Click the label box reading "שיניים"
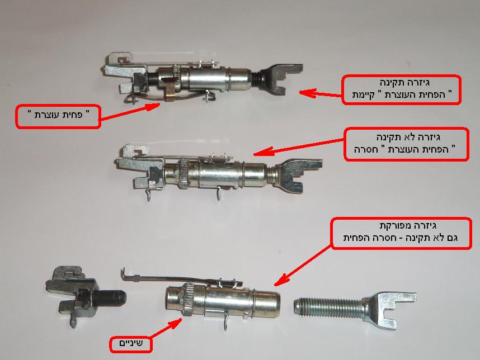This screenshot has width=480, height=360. pyautogui.click(x=131, y=344)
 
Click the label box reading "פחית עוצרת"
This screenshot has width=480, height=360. pyautogui.click(x=58, y=116)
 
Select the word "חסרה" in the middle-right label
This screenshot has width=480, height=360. pyautogui.click(x=365, y=150)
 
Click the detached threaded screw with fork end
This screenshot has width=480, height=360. pyautogui.click(x=355, y=309)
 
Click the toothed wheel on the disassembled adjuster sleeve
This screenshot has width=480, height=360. pyautogui.click(x=187, y=299)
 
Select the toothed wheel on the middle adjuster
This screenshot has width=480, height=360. pyautogui.click(x=185, y=173)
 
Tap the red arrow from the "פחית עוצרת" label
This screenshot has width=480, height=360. pyautogui.click(x=131, y=111)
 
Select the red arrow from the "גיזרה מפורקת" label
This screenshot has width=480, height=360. pyautogui.click(x=303, y=265)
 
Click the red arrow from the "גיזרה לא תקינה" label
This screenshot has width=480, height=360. pyautogui.click(x=299, y=147)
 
